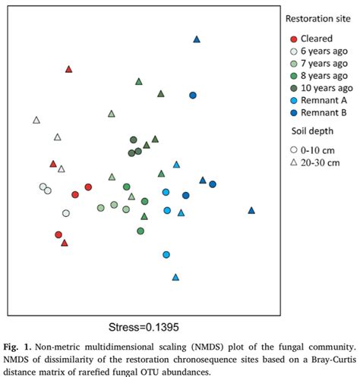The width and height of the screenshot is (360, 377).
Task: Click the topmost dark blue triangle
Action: click(197, 39)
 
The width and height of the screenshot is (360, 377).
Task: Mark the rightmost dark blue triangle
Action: click(251, 210)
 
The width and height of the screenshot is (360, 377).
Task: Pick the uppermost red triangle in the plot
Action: click(68, 69)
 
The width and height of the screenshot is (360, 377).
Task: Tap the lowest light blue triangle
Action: click(175, 278)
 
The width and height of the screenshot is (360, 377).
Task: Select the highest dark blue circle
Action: click(193, 95)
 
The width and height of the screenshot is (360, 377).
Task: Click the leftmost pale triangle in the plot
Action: click(36, 120)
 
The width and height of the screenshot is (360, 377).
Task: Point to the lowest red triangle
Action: click(65, 243)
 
